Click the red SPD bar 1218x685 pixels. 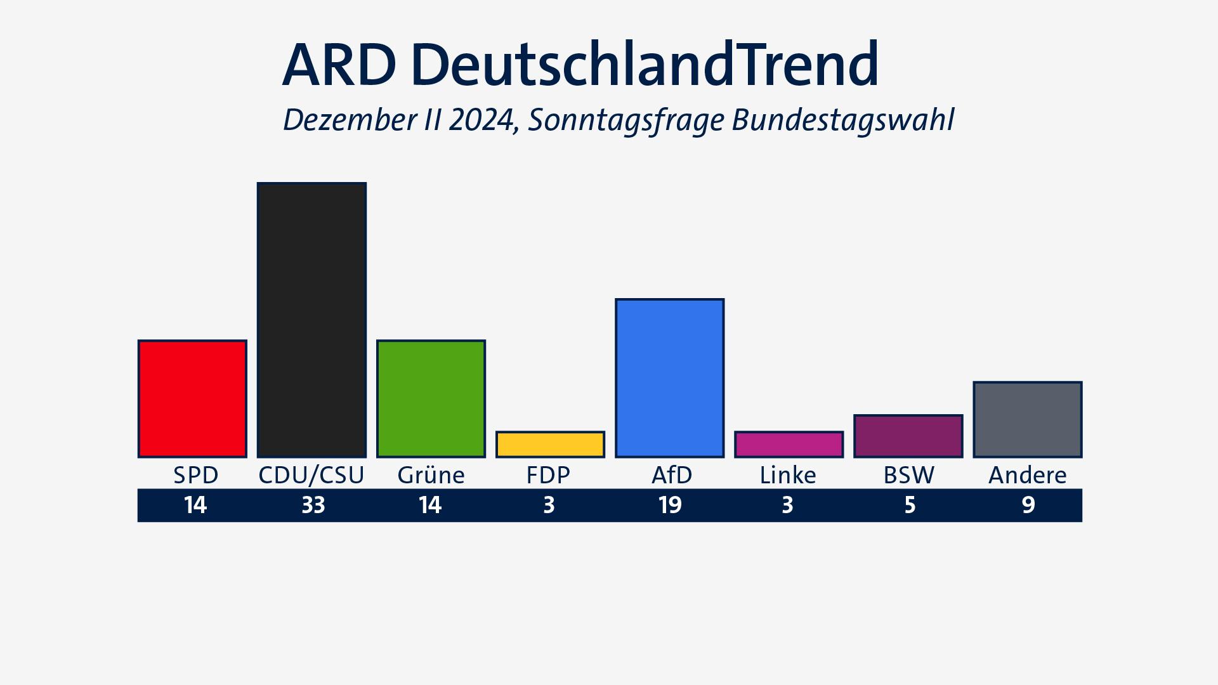(192, 398)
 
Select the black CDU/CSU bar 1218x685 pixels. (311, 320)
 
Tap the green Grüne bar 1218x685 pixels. (431, 398)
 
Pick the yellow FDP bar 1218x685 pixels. (550, 444)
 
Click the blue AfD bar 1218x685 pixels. (669, 377)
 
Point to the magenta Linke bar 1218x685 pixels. (789, 444)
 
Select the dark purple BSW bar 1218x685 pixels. (908, 436)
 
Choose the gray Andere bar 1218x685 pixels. (1027, 419)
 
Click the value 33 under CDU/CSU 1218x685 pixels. (313, 506)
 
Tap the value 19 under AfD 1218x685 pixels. (670, 506)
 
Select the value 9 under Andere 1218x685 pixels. (1028, 506)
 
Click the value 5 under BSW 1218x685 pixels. (910, 506)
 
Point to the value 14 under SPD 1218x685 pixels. (195, 506)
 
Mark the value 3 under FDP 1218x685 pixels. (549, 506)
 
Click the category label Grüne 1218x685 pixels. (431, 475)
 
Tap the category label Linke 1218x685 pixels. (788, 475)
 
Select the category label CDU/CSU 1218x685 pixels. (311, 475)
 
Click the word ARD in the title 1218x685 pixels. (339, 65)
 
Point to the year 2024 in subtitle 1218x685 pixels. (483, 121)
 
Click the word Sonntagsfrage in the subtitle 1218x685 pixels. (625, 121)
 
